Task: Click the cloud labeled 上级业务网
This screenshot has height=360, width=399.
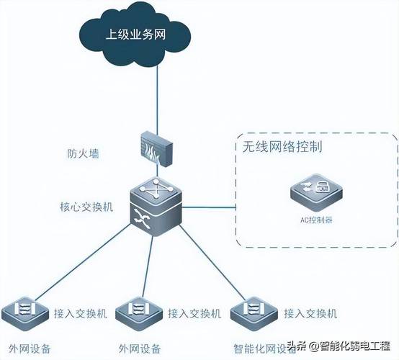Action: point(135,35)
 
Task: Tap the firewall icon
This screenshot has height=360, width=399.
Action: point(156,149)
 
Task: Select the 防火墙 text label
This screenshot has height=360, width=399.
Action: point(83,153)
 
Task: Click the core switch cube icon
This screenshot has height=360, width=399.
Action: point(156,207)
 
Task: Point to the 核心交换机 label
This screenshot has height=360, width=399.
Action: point(86,207)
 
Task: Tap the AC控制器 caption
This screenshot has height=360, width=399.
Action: point(316,220)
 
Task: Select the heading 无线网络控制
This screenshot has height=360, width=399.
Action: point(282,147)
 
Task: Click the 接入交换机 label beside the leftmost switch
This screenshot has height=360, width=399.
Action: point(81,313)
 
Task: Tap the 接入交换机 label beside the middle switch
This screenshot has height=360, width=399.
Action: point(194,313)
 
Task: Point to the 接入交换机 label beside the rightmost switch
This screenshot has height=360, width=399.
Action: point(310,313)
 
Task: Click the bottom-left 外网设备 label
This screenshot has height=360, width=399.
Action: point(30,348)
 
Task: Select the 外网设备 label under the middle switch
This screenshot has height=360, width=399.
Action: point(140,348)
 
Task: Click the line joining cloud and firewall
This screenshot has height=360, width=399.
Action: point(157,99)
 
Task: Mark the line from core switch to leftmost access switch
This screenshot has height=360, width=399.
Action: point(82,262)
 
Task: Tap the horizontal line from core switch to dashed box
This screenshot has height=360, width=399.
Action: point(209,207)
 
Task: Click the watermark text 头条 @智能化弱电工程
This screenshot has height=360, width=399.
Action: point(339,346)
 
